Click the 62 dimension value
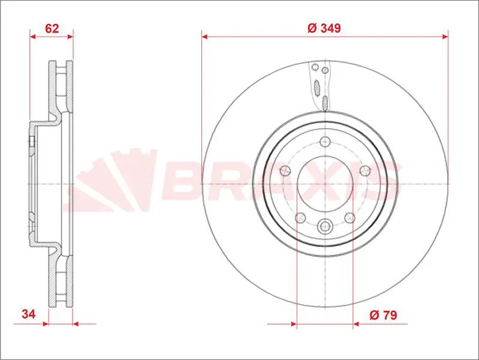[x=52, y=28]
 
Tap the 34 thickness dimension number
[x=28, y=314]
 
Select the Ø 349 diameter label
[x=324, y=28]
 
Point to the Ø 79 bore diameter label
[x=383, y=315]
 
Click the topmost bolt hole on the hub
[x=325, y=142]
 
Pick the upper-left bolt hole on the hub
[x=285, y=170]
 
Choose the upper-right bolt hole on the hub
[x=365, y=170]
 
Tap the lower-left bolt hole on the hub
[x=300, y=218]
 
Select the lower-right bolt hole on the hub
[x=350, y=218]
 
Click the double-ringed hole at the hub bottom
[x=325, y=226]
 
